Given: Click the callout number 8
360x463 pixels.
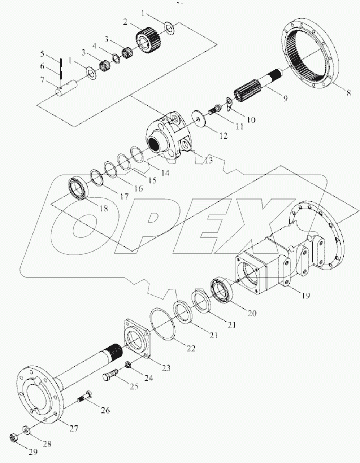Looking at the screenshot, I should (348, 93).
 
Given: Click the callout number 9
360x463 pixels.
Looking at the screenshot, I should (285, 98).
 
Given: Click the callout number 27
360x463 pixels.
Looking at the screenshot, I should (74, 428).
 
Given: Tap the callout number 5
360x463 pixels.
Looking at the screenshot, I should (42, 54).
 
